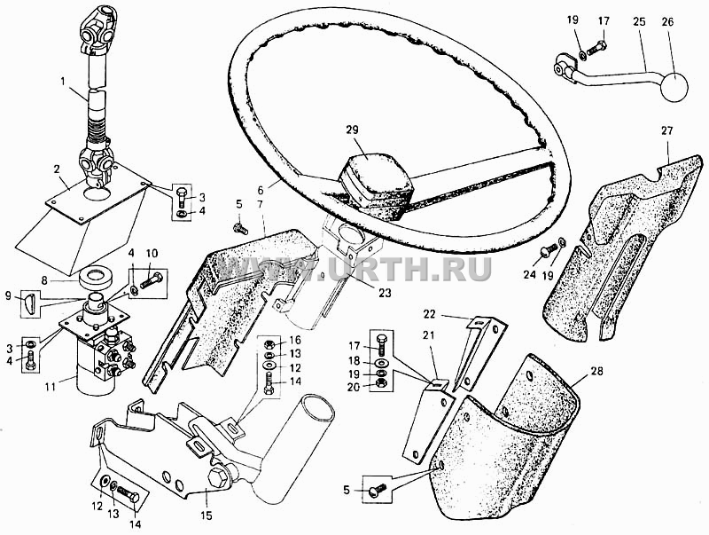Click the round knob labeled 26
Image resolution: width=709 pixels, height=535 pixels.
[674, 87]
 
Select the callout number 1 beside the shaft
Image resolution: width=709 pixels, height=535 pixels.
[63, 82]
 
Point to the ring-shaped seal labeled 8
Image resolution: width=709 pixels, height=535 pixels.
[96, 277]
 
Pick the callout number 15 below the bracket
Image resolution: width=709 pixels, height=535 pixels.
[206, 515]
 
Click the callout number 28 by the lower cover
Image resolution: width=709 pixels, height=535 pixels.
[596, 372]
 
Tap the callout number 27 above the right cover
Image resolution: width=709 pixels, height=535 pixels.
[666, 130]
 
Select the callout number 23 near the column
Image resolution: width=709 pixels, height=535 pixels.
[385, 293]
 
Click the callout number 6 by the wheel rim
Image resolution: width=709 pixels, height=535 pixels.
[273, 182]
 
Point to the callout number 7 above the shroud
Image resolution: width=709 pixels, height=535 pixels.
[260, 204]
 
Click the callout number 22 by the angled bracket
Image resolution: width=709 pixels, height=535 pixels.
[429, 314]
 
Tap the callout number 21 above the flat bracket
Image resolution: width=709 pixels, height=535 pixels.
[428, 335]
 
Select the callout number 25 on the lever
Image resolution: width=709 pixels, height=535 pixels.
[639, 21]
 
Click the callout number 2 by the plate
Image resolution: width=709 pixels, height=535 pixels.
[57, 169]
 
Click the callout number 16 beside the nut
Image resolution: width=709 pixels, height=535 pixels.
[295, 340]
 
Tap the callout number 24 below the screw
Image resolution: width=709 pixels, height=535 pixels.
[529, 274]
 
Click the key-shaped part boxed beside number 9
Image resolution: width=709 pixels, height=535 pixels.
[29, 303]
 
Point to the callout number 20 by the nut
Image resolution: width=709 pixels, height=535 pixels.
[354, 387]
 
